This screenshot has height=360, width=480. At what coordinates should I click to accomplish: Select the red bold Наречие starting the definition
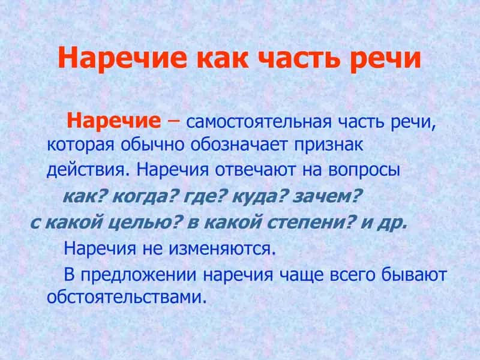tap(114, 121)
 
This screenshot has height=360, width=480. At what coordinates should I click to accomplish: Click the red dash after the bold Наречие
tap(173, 121)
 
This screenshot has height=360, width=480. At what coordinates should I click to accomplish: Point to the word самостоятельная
tap(259, 122)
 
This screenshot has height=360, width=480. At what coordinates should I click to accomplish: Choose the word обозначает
tap(239, 145)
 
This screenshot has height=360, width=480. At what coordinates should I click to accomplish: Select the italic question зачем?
tap(326, 196)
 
